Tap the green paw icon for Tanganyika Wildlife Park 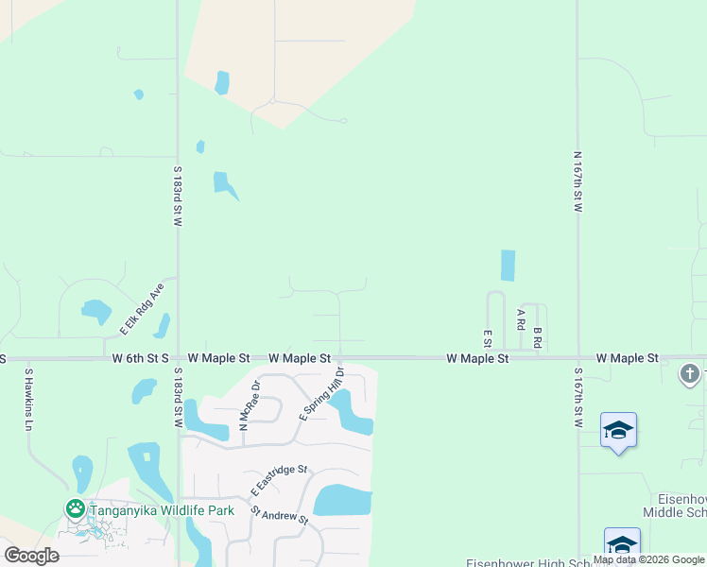75,508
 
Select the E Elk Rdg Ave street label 142,308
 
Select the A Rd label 521,318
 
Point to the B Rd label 537,337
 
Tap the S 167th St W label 577,397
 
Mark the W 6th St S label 140,359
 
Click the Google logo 31,555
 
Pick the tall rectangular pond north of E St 509,266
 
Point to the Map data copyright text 648,559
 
